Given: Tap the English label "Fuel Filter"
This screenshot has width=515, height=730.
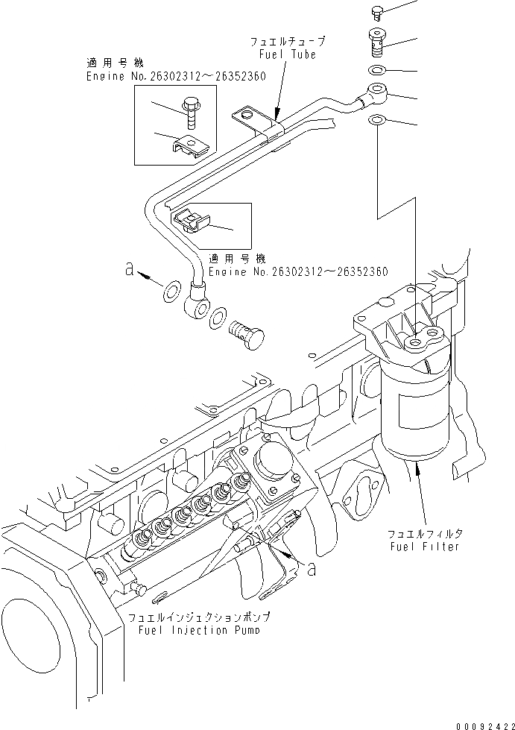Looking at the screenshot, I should pos(423,547).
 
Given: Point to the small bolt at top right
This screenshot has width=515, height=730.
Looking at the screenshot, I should pos(376,11).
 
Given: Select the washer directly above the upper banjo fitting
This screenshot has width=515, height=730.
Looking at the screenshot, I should pos(377,71).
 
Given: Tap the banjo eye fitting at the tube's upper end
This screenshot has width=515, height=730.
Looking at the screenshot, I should pos(373,95).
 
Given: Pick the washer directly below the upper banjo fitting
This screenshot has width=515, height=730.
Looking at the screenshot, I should pos(377,120).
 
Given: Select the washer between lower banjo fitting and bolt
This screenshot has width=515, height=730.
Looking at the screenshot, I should pos(217,318).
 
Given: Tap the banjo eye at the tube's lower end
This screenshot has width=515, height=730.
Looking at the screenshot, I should pos(196,300).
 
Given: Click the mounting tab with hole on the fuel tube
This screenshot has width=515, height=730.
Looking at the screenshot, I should pos(248,117).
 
